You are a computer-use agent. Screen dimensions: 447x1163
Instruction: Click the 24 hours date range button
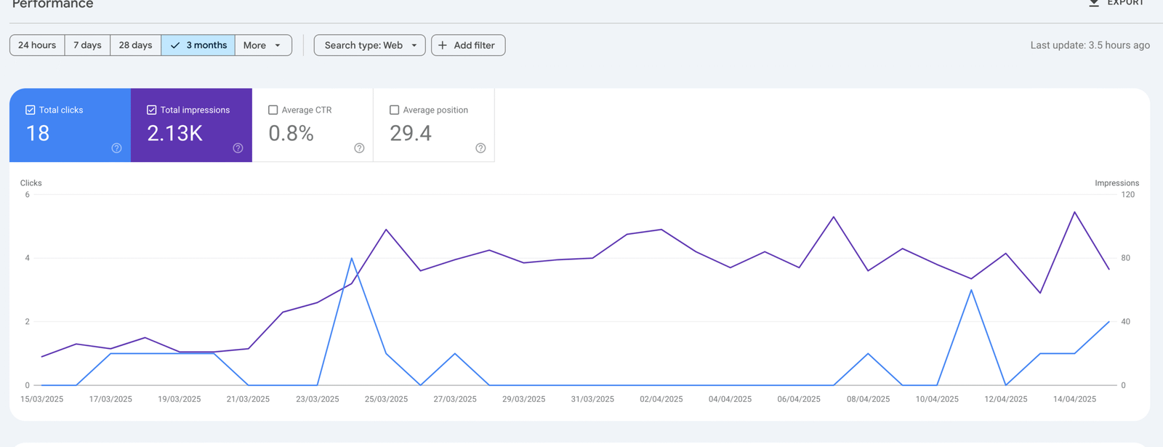(37, 45)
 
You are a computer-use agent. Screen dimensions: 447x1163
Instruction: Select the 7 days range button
(87, 45)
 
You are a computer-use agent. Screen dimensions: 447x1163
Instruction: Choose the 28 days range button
(135, 45)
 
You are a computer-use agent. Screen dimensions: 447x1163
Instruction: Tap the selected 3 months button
(198, 45)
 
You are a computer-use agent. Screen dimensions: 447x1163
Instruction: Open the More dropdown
(262, 45)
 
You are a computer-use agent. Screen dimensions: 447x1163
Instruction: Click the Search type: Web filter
(369, 45)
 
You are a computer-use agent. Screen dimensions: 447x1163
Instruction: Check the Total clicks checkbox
(31, 110)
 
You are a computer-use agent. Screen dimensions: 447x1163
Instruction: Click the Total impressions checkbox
(152, 110)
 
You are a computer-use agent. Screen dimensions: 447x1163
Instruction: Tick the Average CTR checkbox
(273, 110)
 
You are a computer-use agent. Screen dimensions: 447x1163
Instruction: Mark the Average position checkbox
(395, 110)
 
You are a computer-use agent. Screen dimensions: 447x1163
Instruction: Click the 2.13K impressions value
(174, 133)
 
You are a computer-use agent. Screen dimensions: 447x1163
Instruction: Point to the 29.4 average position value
(411, 133)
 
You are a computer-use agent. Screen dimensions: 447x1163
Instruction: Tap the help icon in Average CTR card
(359, 148)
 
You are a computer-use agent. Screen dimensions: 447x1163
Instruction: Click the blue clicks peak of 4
(352, 258)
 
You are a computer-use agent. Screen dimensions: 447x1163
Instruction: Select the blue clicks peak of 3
(971, 290)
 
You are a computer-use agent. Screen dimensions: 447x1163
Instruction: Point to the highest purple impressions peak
(1074, 212)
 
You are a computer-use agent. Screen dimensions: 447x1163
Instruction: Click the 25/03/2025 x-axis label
(386, 399)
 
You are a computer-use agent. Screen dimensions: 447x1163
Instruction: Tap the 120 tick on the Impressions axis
(1127, 195)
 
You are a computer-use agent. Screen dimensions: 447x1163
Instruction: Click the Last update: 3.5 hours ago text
(1090, 45)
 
